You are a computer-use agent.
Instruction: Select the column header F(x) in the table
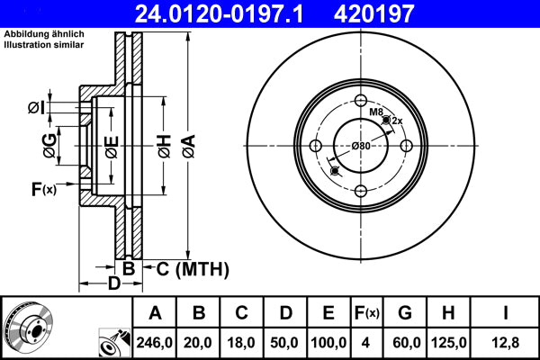(366, 313)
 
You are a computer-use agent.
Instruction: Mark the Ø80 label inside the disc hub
(362, 146)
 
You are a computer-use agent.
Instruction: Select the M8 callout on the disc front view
(375, 112)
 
